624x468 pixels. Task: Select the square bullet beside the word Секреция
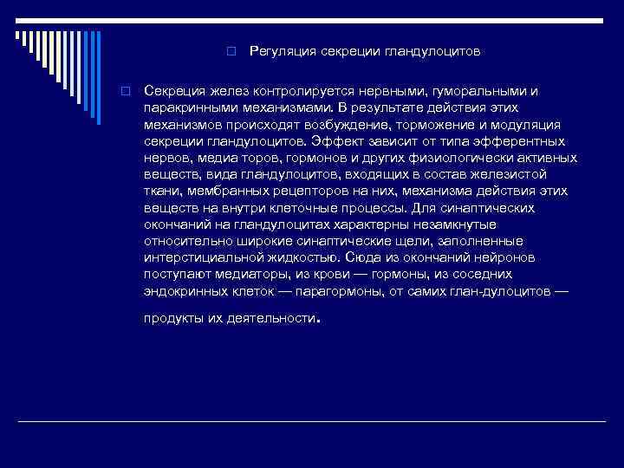126,91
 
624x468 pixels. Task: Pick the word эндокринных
185,290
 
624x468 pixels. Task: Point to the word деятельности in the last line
268,318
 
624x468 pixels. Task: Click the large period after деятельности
319,321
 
